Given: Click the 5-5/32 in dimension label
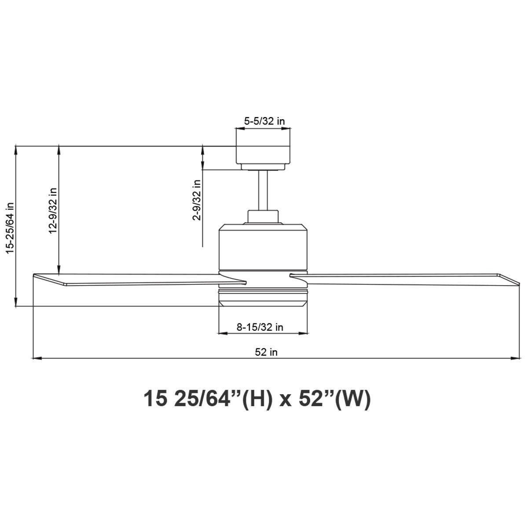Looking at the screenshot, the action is pos(264,121).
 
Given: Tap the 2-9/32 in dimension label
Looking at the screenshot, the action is pos(197,200).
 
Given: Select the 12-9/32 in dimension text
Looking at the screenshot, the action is pos(53,210).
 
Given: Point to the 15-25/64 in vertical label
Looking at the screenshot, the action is pos(10,228).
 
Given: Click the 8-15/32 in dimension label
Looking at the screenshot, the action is pos(260,327).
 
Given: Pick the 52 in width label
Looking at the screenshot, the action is pos(266,352).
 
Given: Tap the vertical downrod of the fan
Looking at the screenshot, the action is pos(263,190).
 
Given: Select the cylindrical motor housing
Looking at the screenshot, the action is pos(263,246).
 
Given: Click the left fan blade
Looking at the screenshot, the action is pos(137,279).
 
